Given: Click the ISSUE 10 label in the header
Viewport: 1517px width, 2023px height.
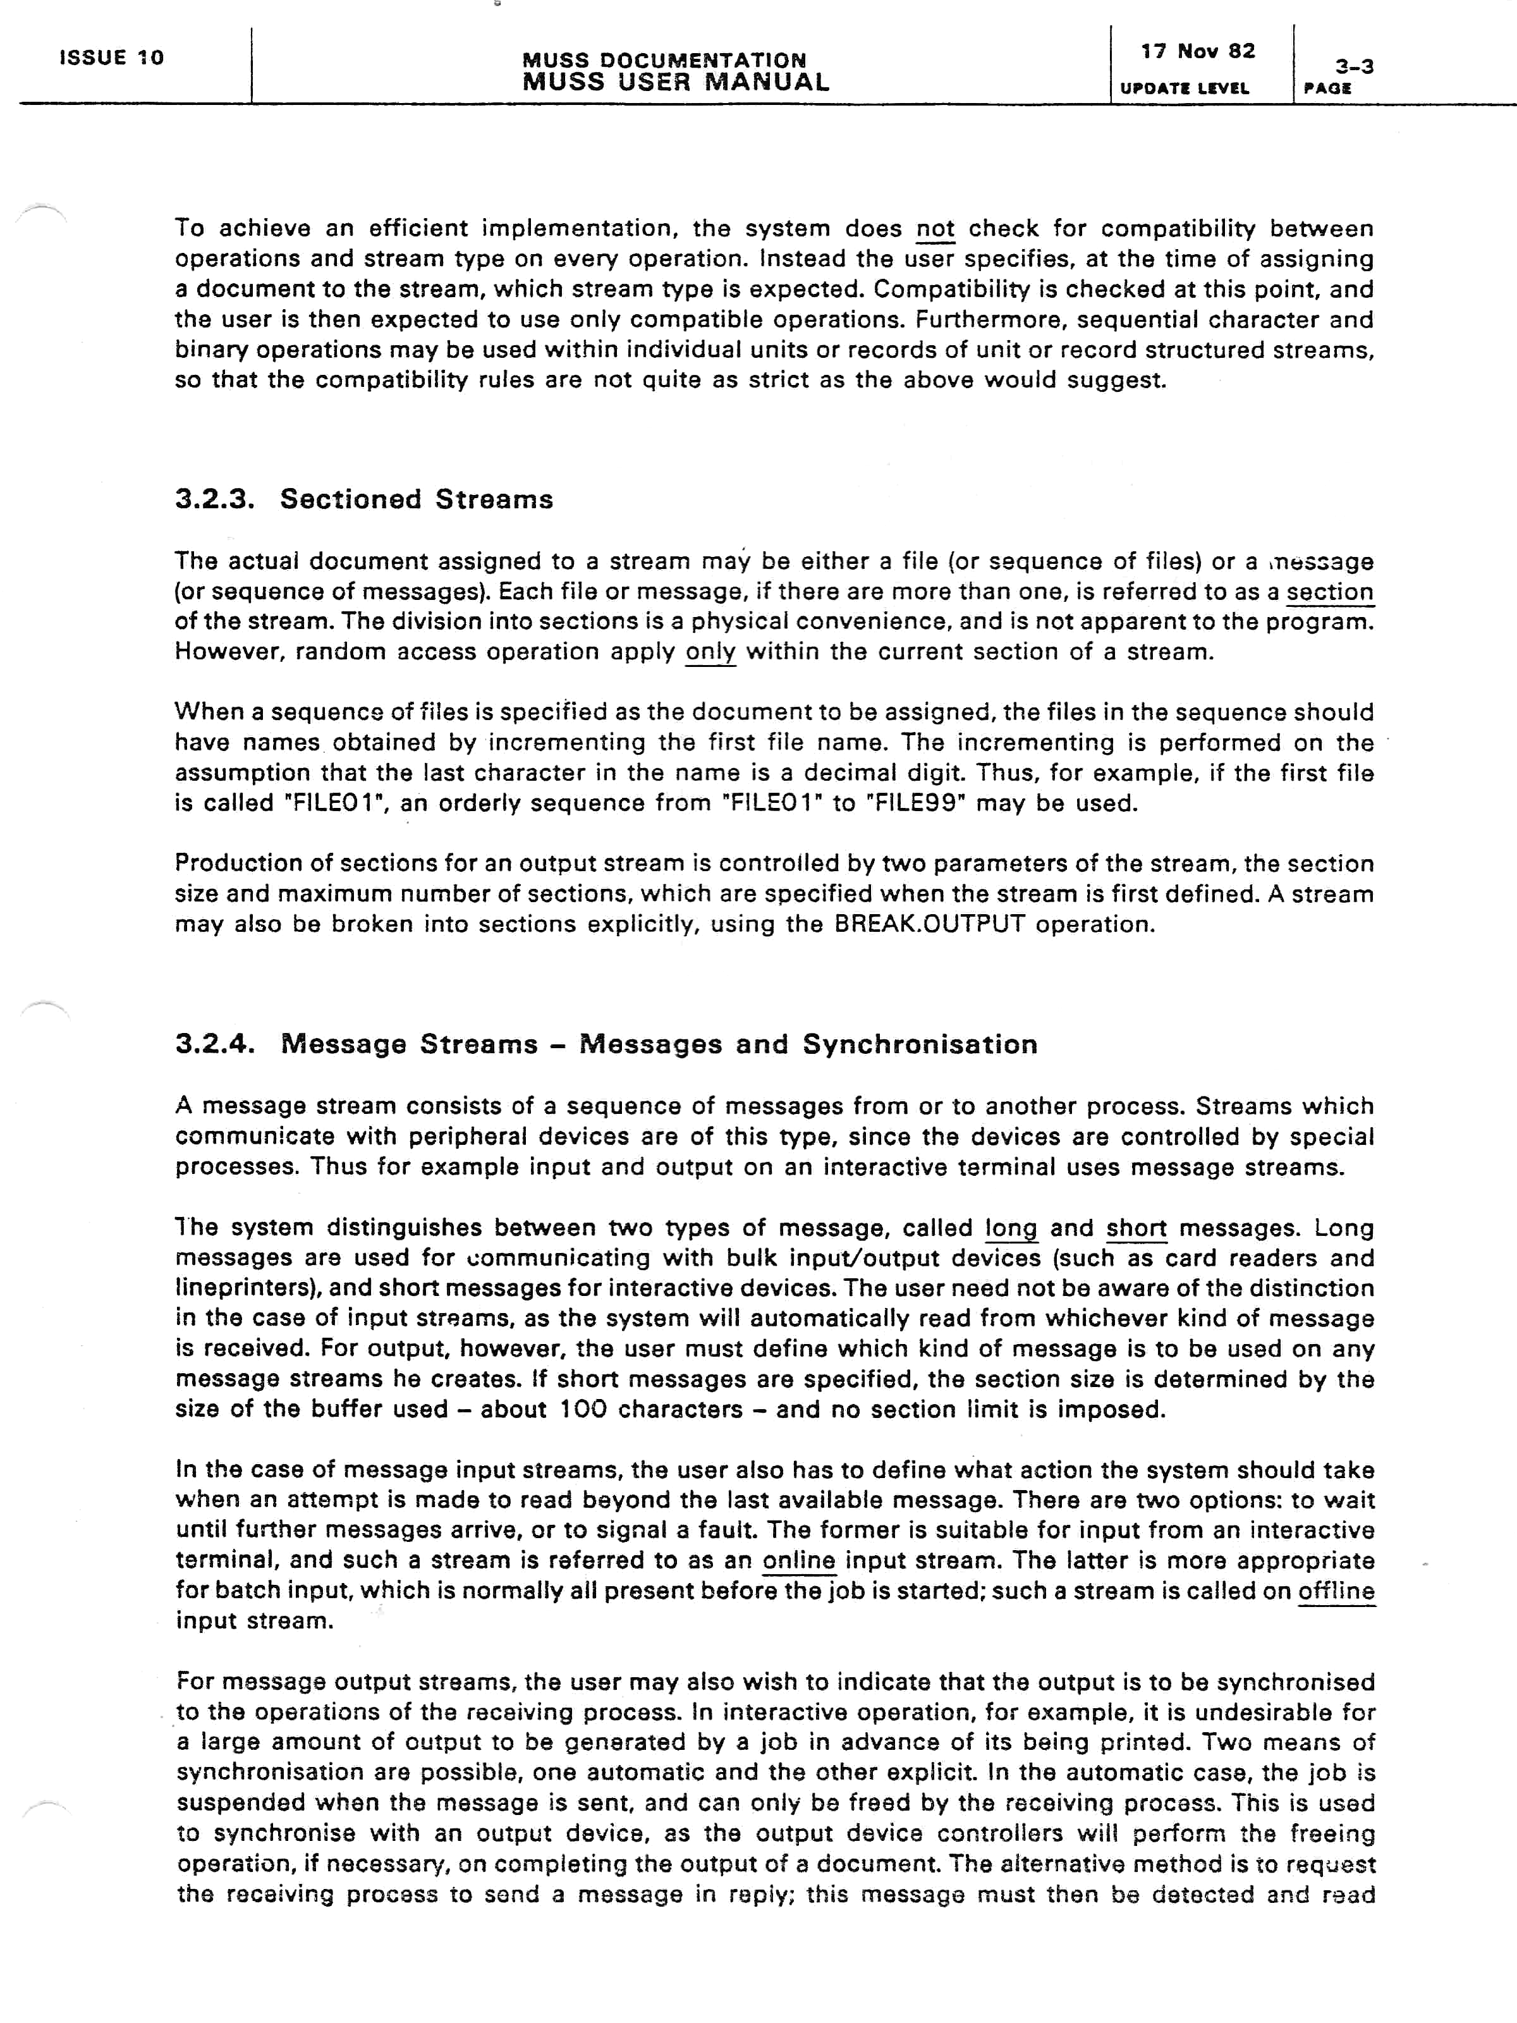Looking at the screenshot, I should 111,58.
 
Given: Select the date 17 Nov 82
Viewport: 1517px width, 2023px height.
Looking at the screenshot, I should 1197,51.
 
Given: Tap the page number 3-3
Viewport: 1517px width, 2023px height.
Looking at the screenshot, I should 1354,66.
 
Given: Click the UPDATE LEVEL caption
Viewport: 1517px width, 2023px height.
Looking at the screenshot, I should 1184,89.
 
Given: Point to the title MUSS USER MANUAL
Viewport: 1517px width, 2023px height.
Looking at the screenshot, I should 676,82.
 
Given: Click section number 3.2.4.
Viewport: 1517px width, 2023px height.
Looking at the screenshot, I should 215,1044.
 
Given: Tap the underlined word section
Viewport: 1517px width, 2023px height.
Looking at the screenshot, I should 1329,592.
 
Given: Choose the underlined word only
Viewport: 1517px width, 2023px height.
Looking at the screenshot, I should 710,652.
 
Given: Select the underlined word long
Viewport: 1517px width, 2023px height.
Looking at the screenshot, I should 1011,1227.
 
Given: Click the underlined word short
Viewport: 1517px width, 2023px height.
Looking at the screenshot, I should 1136,1227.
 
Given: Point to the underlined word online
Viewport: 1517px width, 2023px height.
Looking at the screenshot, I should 798,1560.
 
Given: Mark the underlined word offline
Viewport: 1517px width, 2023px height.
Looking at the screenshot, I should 1336,1591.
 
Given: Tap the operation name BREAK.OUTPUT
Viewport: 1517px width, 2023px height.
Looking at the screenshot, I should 930,924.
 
